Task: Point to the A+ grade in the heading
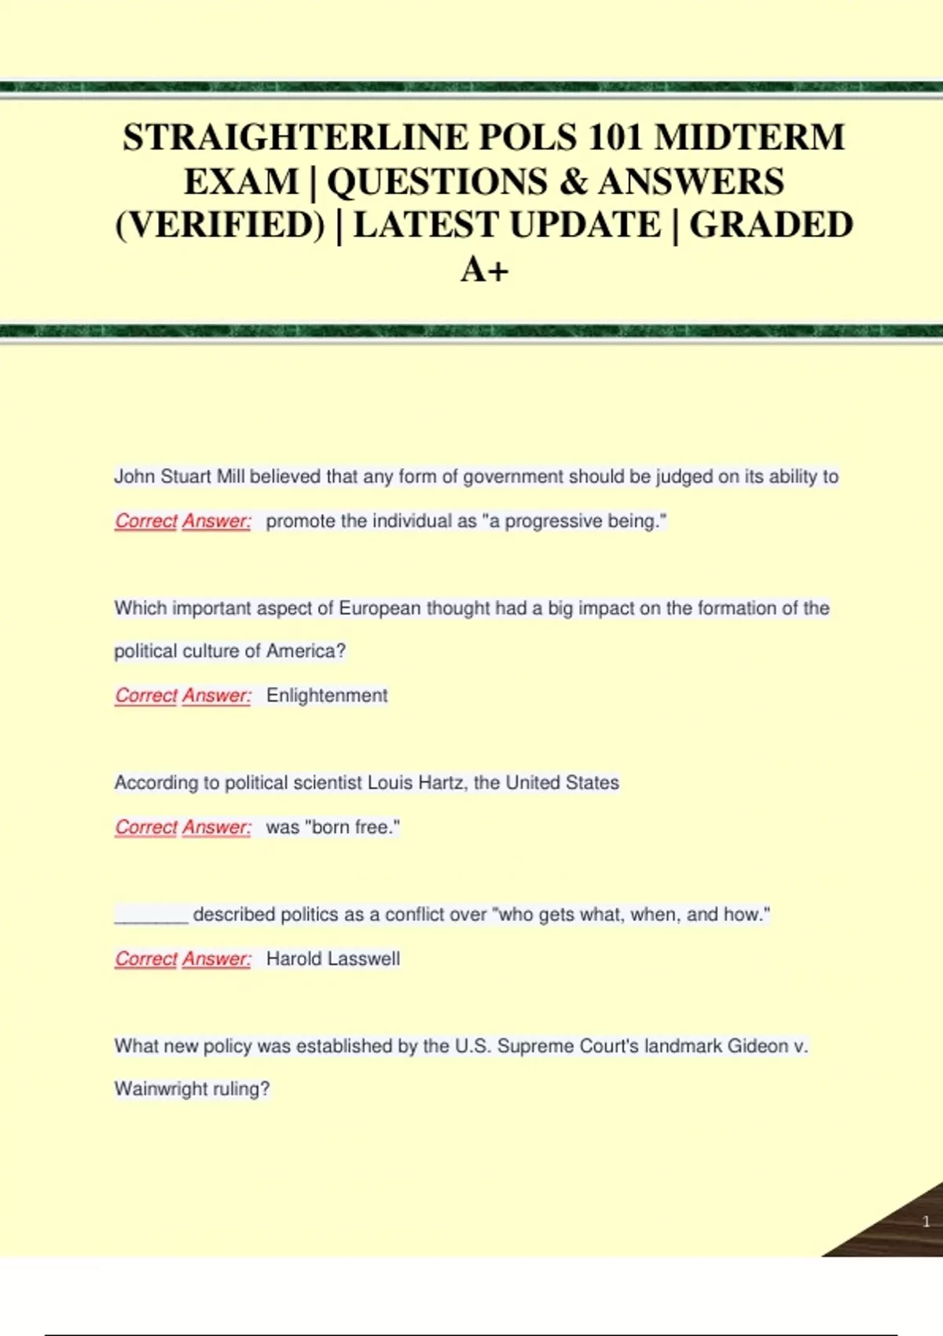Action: (484, 270)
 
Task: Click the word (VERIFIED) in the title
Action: (220, 226)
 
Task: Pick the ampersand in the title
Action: (574, 182)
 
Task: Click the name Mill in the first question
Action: (231, 477)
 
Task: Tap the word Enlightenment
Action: (327, 696)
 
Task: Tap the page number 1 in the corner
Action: (926, 1221)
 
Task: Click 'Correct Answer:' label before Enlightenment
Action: (183, 696)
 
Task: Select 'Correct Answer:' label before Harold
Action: (183, 959)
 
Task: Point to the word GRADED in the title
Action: (771, 226)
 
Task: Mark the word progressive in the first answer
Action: (553, 521)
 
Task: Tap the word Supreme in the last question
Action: (536, 1046)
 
